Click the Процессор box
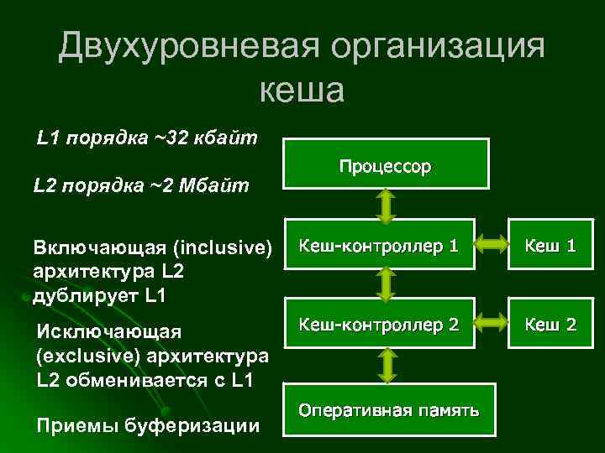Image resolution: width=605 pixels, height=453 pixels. click(385, 165)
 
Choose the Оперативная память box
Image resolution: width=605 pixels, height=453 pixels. click(388, 409)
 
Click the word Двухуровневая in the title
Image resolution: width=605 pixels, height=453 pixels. click(186, 47)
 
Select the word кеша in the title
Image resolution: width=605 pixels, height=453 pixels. click(302, 90)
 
